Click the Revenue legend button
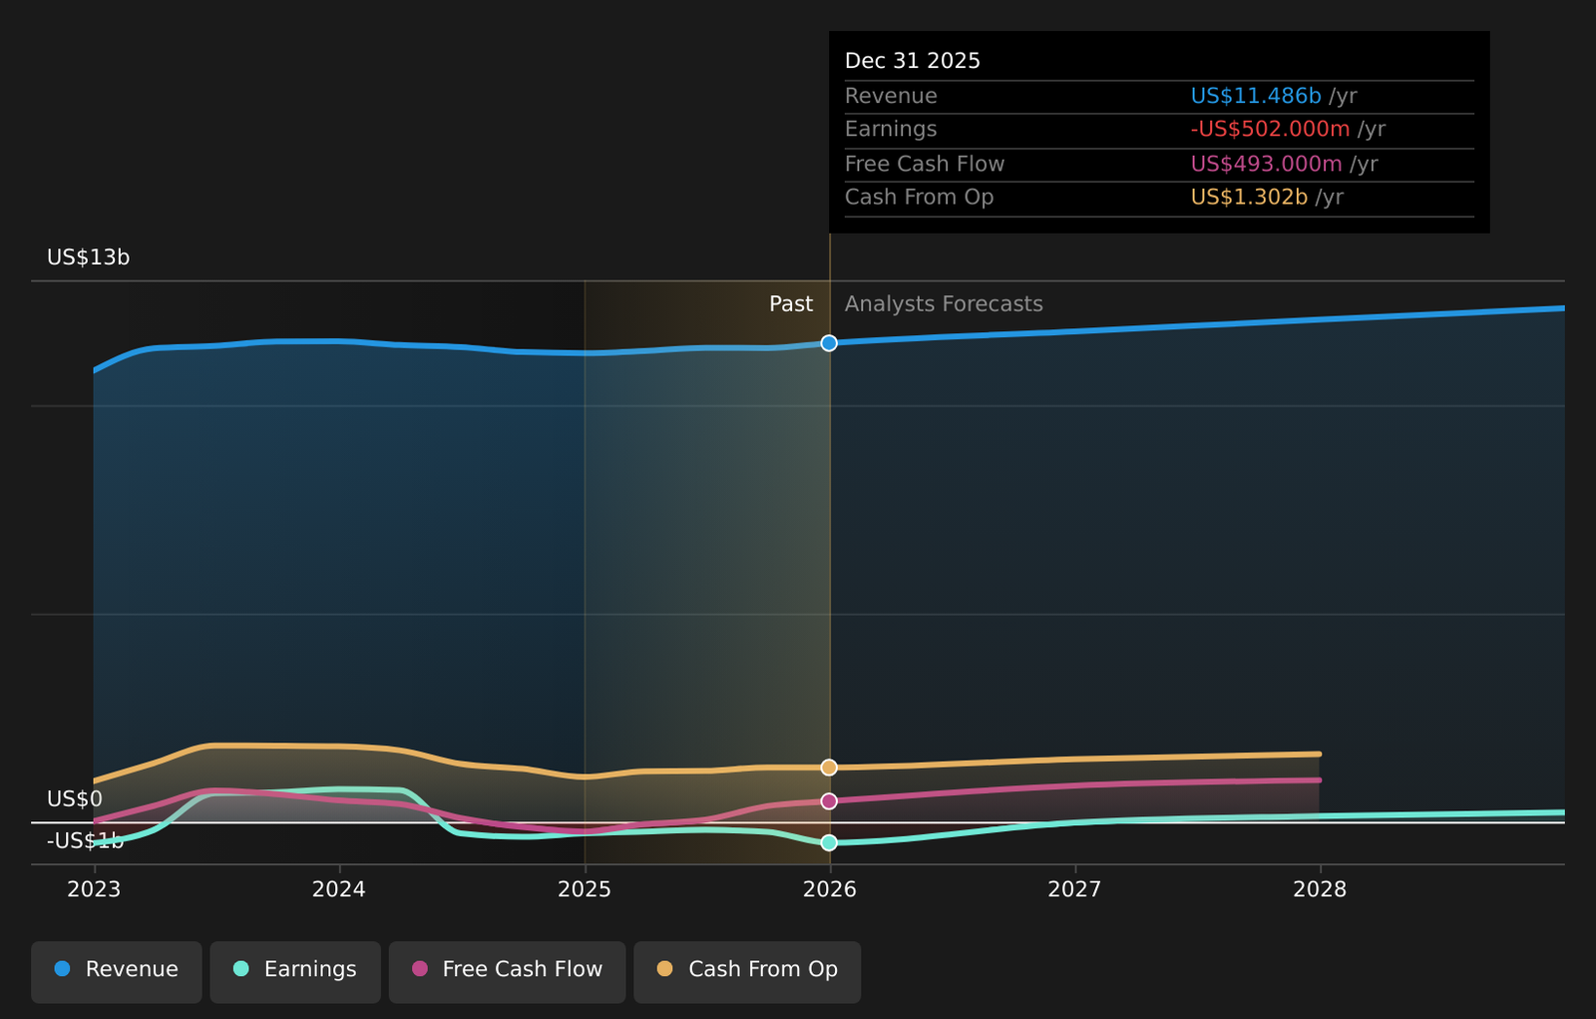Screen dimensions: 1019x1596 [x=117, y=969]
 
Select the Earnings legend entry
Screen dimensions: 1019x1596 [x=295, y=969]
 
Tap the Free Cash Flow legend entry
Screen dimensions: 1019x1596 [x=508, y=969]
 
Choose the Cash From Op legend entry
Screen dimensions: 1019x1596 [x=747, y=969]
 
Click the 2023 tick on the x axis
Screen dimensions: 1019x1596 [x=94, y=889]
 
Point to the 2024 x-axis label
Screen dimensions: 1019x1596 [x=339, y=889]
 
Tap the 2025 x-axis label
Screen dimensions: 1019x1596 [x=585, y=889]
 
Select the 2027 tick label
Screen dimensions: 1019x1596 [x=1074, y=889]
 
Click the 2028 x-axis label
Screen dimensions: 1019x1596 [x=1320, y=889]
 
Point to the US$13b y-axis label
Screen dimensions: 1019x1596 [x=89, y=257]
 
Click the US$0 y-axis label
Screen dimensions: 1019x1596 [x=75, y=799]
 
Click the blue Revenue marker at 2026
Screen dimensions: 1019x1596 [x=829, y=343]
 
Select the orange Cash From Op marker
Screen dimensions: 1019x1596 [x=829, y=767]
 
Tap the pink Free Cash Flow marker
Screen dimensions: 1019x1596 [x=829, y=801]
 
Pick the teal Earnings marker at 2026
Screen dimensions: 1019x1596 [x=829, y=843]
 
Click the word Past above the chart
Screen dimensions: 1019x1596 [x=790, y=304]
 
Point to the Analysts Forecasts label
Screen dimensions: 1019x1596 [x=944, y=304]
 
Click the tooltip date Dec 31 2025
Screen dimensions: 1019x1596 [x=913, y=61]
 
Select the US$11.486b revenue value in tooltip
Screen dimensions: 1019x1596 [x=1256, y=96]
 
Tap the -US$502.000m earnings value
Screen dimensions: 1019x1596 [x=1270, y=130]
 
